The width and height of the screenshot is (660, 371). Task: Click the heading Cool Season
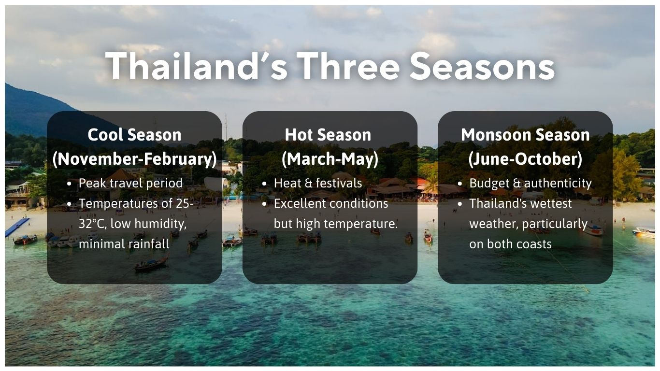click(x=134, y=135)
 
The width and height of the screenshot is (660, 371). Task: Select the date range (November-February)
click(x=134, y=159)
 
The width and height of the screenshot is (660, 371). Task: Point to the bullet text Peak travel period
click(x=130, y=183)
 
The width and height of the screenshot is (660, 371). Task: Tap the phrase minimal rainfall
click(x=124, y=244)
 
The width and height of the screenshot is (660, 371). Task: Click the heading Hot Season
click(x=328, y=135)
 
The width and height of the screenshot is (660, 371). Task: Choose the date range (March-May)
click(x=330, y=159)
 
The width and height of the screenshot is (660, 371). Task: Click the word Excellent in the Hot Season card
click(x=298, y=203)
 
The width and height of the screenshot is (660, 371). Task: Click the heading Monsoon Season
click(x=525, y=135)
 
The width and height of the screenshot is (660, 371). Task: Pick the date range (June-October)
click(x=525, y=159)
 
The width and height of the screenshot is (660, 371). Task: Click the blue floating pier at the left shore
click(x=17, y=227)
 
